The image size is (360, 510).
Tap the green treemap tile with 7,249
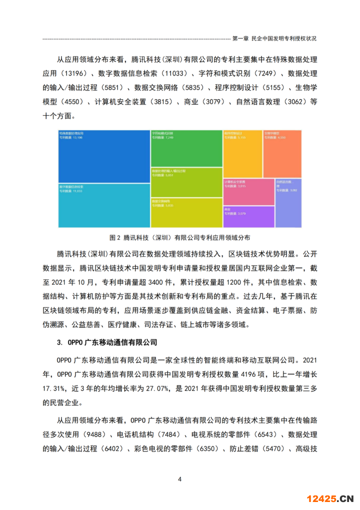coord(186,149)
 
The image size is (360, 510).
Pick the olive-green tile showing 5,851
coord(186,182)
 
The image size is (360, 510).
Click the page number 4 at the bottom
coord(180,479)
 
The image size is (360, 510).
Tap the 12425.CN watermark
coord(330,498)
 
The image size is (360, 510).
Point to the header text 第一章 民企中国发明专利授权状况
coord(274,38)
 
